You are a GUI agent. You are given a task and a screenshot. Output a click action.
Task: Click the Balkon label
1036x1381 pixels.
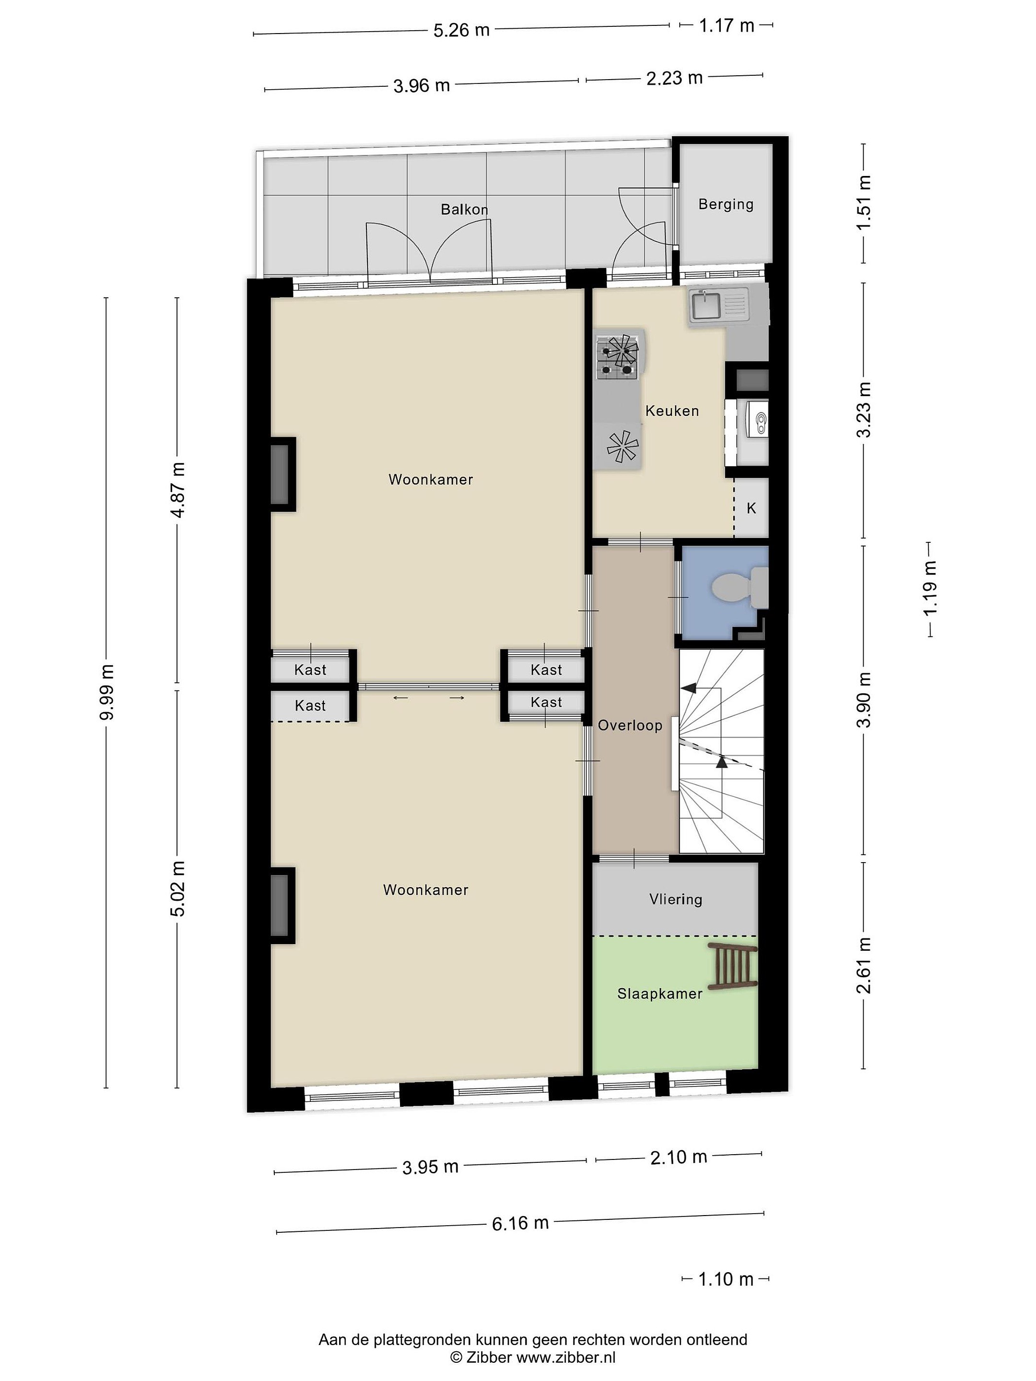(x=464, y=209)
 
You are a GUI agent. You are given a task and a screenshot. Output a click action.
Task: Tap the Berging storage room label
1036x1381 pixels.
(x=726, y=204)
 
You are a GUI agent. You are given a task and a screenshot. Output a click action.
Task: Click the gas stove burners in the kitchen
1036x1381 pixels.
(x=617, y=358)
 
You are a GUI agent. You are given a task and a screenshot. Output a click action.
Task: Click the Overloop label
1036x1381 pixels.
(x=629, y=725)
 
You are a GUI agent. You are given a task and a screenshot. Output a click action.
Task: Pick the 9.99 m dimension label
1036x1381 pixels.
(x=107, y=692)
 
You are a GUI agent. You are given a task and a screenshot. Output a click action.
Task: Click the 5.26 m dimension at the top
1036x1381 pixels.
(x=461, y=30)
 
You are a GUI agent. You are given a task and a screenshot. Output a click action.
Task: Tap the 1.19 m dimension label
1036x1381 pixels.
(x=930, y=588)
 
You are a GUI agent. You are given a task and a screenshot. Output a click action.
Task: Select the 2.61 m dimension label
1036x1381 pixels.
(x=864, y=966)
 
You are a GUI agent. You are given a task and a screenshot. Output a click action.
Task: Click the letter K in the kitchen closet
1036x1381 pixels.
(x=751, y=508)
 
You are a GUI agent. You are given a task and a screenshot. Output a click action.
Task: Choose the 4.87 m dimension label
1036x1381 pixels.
(x=178, y=490)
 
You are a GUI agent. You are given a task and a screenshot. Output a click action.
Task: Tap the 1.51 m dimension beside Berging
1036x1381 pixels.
(x=864, y=202)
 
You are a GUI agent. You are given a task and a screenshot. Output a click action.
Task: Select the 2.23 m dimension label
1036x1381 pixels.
(x=674, y=78)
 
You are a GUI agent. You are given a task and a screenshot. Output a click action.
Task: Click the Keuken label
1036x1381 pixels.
(x=672, y=411)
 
